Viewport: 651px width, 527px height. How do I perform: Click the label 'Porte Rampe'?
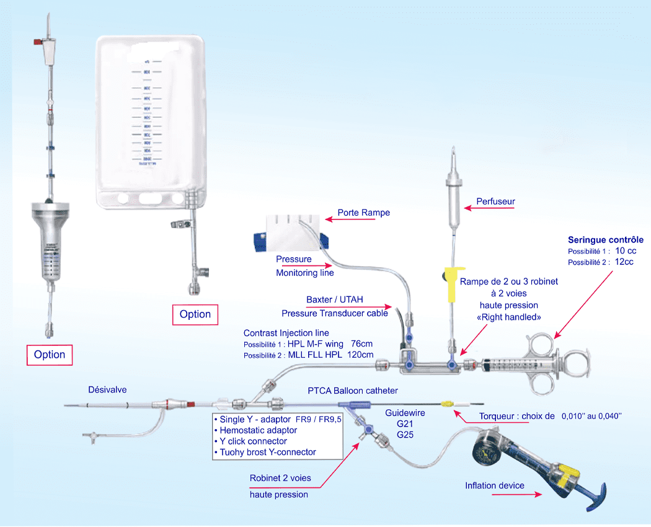pos(363,213)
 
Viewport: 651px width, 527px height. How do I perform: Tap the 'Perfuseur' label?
pos(495,201)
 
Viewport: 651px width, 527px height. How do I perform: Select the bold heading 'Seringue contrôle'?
pos(606,240)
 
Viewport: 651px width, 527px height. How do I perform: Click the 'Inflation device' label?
pos(494,485)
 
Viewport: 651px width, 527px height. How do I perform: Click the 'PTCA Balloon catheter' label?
pos(353,391)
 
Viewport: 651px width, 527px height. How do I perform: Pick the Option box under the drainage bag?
pos(195,314)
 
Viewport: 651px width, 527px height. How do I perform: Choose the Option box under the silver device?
pos(50,355)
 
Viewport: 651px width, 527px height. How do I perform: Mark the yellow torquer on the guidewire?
pos(447,404)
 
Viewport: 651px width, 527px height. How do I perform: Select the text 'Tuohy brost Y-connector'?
pos(267,452)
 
